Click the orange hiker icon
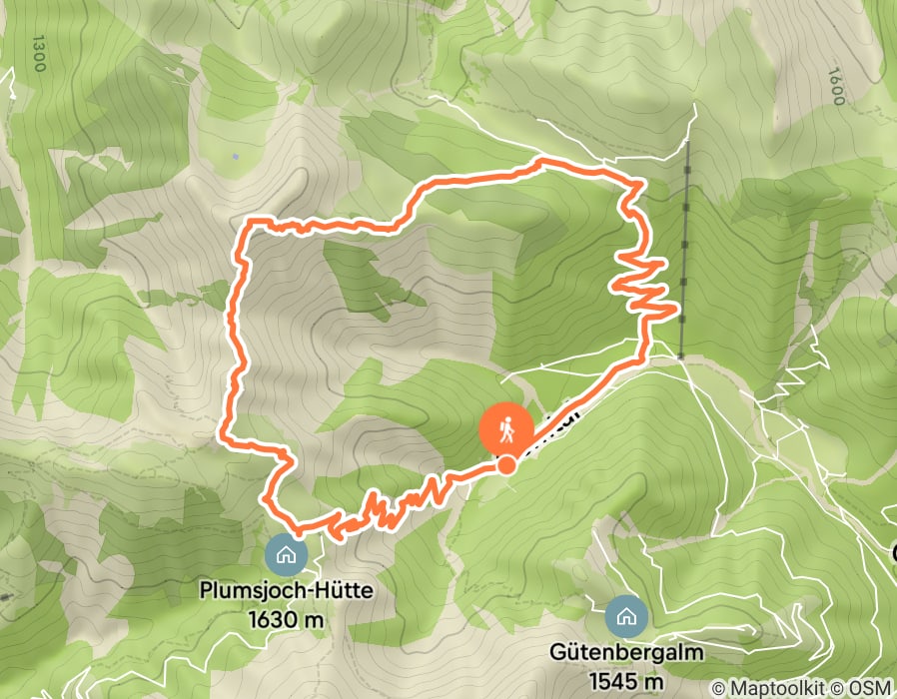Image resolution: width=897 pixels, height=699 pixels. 505,429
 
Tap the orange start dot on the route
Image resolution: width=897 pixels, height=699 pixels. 506,464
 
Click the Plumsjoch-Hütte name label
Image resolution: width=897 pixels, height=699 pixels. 287,591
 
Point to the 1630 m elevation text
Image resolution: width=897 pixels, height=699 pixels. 287,619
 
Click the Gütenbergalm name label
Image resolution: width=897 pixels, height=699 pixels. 626,653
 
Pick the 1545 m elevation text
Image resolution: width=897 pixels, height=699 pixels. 626,678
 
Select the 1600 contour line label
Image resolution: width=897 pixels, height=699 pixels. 835,87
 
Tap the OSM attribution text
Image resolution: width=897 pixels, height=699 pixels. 865,688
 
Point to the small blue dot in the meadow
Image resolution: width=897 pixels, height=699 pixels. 236,156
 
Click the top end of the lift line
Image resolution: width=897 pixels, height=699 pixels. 688,143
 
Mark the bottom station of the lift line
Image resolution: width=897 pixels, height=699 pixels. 679,355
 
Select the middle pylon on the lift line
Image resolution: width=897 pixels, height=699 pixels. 684,242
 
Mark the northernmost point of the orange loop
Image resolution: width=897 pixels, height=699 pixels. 542,160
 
